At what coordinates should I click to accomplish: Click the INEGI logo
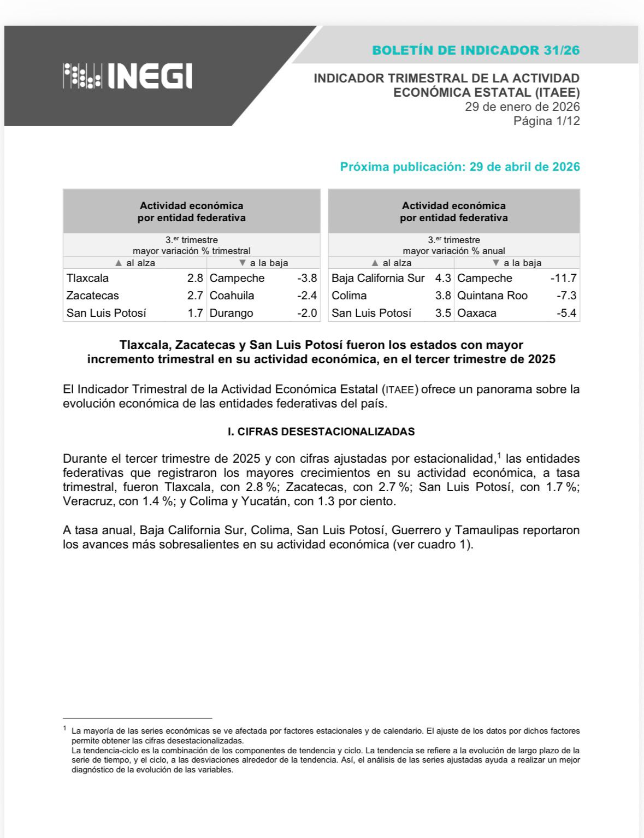tap(128, 76)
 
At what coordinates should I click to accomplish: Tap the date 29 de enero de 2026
tap(522, 107)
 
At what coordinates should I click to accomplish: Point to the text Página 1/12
tap(546, 121)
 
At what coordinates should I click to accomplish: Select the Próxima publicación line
tap(459, 167)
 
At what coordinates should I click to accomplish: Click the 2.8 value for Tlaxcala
tap(195, 278)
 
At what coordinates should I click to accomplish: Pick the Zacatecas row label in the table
tap(93, 296)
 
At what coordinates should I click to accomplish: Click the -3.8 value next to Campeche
tap(307, 278)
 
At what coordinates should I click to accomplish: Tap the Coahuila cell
tap(232, 296)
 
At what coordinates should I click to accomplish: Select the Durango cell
tap(232, 313)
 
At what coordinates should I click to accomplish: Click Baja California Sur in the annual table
tap(378, 278)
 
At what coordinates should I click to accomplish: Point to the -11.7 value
tap(564, 278)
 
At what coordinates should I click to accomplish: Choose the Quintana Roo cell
tap(493, 296)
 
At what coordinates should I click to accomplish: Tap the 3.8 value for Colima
tap(443, 296)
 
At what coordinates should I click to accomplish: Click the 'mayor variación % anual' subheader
tap(454, 251)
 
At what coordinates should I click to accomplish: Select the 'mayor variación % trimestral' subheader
tap(192, 251)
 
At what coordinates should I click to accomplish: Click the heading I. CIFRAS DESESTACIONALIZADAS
tap(321, 432)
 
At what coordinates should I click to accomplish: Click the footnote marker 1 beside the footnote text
tap(65, 729)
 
